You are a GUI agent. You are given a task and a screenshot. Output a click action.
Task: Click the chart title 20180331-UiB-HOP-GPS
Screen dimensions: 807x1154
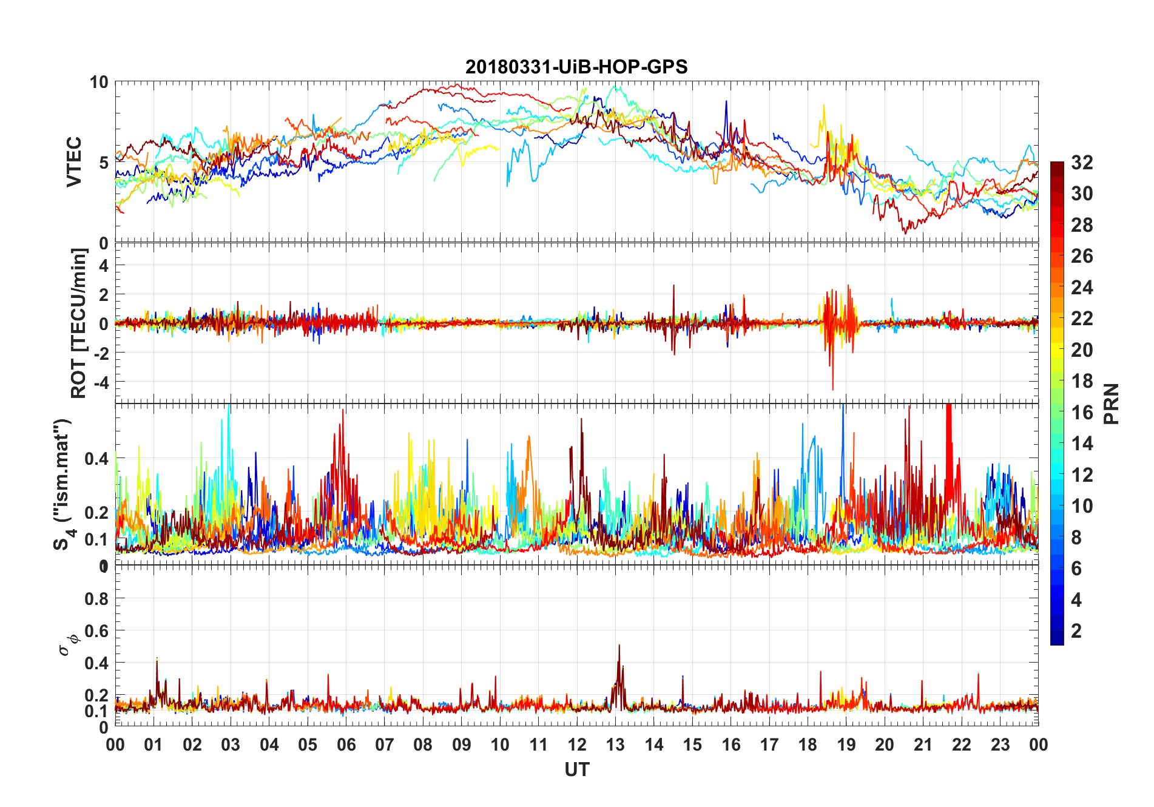coord(576,67)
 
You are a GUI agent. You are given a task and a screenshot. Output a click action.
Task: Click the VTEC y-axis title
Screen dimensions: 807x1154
coord(74,161)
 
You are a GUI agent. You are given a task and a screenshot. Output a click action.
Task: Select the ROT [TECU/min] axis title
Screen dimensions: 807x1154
coord(79,323)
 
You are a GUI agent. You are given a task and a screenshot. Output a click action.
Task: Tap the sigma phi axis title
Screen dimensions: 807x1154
coord(68,643)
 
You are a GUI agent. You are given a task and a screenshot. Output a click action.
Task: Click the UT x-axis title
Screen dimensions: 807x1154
coord(576,770)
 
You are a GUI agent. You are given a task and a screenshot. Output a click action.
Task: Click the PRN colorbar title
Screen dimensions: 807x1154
coord(1111,403)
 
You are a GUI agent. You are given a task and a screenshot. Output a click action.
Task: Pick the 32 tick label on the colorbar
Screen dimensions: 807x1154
coord(1082,163)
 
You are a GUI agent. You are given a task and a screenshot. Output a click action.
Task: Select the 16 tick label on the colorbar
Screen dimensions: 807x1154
coord(1082,413)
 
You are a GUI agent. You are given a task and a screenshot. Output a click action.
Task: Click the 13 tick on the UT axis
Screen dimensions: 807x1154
coord(615,745)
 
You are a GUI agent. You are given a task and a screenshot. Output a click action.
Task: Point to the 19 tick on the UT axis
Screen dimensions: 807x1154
coord(846,745)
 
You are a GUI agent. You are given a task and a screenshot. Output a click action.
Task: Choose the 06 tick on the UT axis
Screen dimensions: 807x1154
coord(346,745)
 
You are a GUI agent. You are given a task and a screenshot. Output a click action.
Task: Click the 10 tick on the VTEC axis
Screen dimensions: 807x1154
coord(99,83)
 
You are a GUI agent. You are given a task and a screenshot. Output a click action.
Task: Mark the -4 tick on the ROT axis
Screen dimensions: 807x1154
coord(102,382)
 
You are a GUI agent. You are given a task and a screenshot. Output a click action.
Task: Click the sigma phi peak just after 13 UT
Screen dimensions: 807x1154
coord(619,646)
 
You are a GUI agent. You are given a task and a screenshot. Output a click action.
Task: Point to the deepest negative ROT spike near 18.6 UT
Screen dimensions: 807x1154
coord(832,389)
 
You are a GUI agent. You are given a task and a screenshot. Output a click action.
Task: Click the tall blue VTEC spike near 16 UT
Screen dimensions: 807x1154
coord(726,102)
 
